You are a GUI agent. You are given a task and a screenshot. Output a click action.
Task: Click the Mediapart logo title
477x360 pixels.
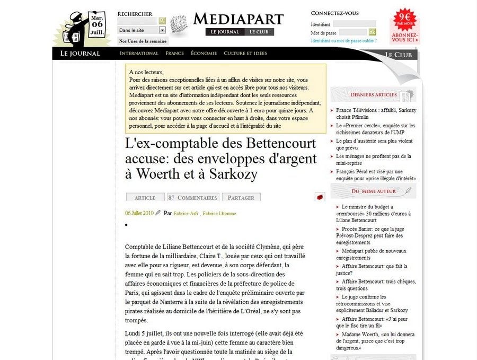point(238,19)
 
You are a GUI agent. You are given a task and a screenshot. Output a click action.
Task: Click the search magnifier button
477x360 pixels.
point(162,21)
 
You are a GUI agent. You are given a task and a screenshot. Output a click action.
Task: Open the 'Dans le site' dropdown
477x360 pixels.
point(142,30)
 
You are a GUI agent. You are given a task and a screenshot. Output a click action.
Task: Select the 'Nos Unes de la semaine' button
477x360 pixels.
point(143,41)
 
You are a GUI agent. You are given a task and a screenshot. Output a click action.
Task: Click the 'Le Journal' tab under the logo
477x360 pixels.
point(225,32)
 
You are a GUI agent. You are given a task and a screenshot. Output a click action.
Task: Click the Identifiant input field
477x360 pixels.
point(354,24)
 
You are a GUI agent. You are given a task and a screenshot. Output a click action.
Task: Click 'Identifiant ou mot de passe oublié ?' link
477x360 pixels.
point(347,40)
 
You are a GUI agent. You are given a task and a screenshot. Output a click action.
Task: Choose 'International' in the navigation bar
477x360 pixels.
point(139,53)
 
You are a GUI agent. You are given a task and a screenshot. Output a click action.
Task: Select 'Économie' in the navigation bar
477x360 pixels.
point(204,53)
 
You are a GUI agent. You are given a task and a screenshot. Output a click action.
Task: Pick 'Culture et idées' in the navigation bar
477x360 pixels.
point(245,53)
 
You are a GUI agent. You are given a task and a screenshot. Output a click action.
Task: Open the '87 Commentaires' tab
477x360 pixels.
point(193,197)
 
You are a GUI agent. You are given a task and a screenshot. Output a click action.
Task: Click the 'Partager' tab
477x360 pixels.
point(241,197)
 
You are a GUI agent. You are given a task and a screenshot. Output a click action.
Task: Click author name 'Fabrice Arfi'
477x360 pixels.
point(185,213)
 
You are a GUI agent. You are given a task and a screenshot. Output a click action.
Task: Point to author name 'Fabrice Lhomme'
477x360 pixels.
point(219,213)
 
